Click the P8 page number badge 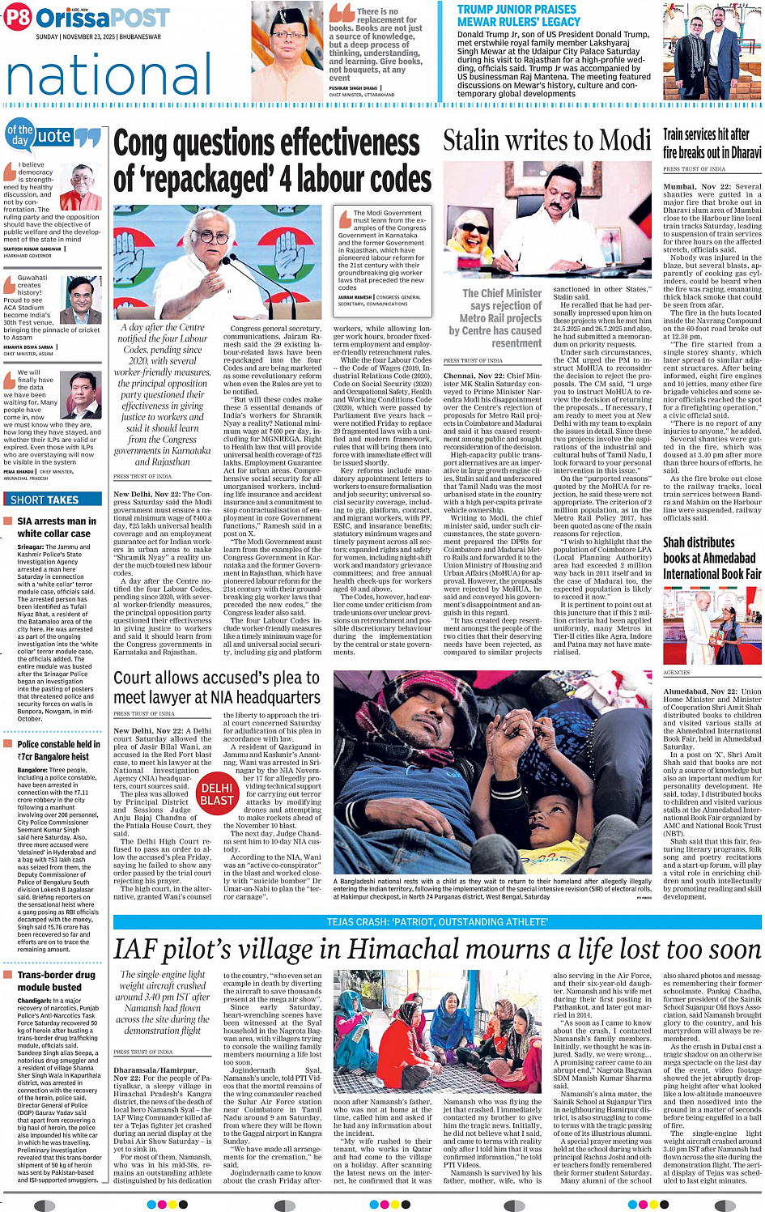(18, 17)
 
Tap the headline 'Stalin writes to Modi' (546, 141)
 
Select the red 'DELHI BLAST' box (217, 793)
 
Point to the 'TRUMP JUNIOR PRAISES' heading (516, 9)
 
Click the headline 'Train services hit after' (706, 134)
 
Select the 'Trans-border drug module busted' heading (55, 980)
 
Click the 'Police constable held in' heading (59, 744)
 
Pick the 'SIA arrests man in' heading (57, 521)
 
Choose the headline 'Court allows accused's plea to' (217, 677)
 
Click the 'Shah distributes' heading (699, 542)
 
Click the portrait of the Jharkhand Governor (85, 187)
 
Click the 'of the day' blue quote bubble (19, 135)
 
